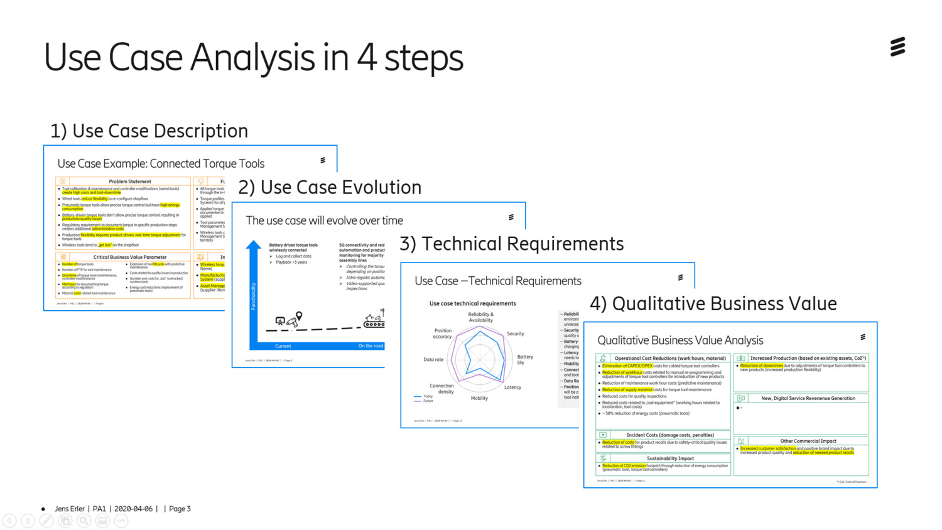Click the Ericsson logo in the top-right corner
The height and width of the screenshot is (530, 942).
tap(898, 47)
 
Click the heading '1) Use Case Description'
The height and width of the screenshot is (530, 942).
tap(149, 131)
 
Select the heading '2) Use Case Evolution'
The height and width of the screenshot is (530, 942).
tap(330, 187)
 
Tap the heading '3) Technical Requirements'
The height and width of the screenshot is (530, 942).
tap(512, 244)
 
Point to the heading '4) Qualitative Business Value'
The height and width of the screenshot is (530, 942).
tap(713, 304)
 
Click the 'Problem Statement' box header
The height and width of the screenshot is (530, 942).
tap(129, 181)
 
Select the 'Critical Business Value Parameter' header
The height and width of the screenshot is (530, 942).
tap(129, 257)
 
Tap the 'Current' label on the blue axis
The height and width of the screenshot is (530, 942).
tap(283, 346)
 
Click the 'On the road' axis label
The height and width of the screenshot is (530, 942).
tap(371, 346)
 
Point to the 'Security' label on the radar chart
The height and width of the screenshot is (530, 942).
tap(515, 334)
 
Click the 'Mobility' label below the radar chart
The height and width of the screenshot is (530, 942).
tap(479, 398)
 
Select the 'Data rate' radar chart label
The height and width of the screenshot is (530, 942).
tap(433, 360)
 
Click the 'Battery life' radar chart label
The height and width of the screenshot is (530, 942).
tap(524, 360)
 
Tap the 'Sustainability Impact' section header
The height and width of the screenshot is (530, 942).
tap(670, 458)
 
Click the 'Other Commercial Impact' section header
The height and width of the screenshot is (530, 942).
tap(808, 441)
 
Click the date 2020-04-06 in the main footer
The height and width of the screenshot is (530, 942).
tap(133, 509)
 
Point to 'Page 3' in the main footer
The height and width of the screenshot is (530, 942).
tap(180, 509)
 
